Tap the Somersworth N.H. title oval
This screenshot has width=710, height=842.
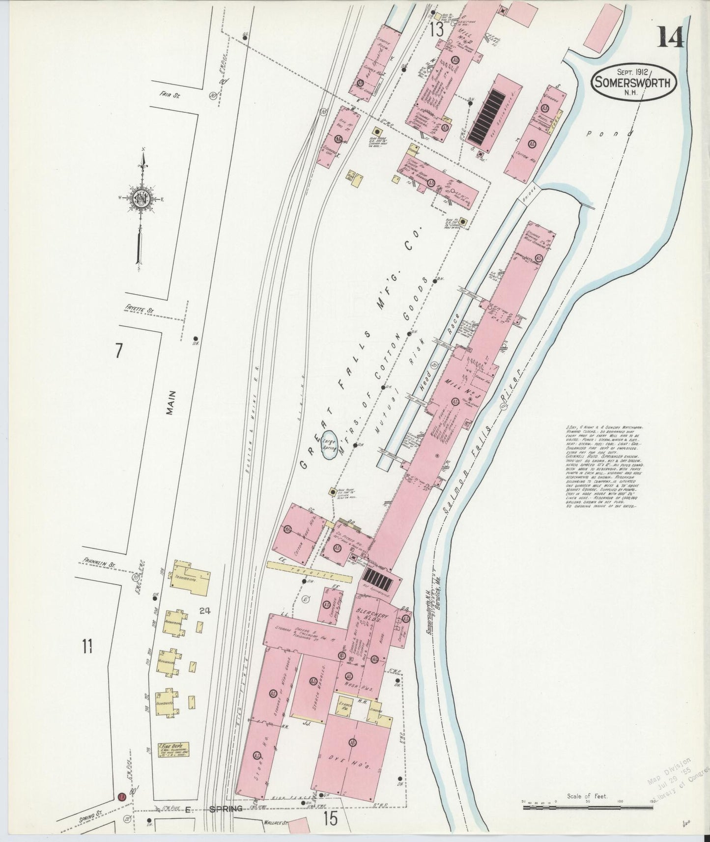[633, 83]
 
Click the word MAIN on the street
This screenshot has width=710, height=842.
[170, 403]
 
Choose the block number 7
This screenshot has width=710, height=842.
[118, 352]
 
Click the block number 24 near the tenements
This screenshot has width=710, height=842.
[205, 612]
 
